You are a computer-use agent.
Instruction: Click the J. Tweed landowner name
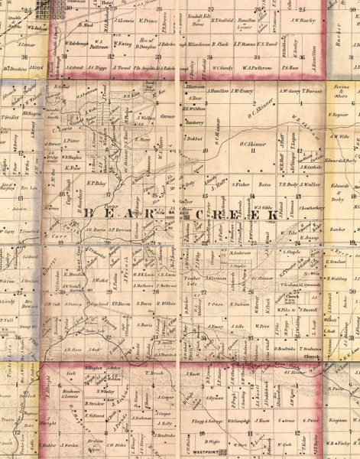click(x=123, y=67)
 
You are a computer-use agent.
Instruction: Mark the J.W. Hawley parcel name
click(x=303, y=21)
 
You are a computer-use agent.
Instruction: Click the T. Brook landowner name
click(x=154, y=373)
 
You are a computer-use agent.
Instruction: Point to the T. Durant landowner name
click(x=310, y=92)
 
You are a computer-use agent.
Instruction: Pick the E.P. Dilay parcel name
click(x=97, y=184)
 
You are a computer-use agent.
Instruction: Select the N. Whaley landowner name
click(x=106, y=391)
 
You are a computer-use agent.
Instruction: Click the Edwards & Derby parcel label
click(x=339, y=189)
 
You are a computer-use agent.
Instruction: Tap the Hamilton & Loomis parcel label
click(x=246, y=23)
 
